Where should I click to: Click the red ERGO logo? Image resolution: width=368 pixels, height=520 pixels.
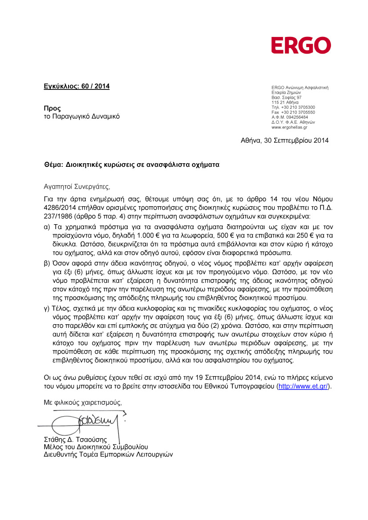click(x=301, y=45)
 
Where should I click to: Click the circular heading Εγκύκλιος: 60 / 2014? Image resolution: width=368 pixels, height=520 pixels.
click(x=77, y=86)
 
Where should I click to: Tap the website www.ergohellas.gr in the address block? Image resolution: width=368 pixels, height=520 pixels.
click(x=289, y=127)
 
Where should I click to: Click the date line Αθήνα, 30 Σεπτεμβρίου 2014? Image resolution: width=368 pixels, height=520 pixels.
click(x=285, y=141)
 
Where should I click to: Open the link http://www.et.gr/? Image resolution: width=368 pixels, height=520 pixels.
click(x=303, y=387)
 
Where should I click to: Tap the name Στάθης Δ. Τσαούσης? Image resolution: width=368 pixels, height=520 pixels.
click(x=73, y=439)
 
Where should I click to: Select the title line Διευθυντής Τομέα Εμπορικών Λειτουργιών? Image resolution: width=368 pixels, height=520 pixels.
click(x=108, y=455)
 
